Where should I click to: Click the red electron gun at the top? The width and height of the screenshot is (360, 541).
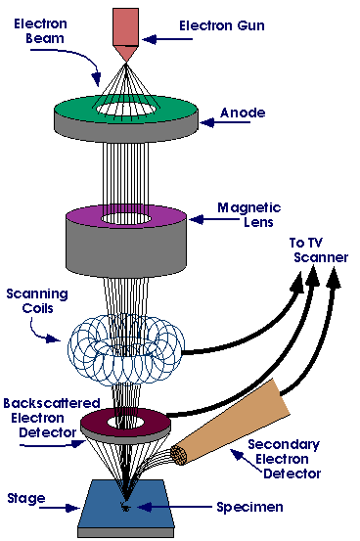125,29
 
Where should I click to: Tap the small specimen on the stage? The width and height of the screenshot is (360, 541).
125,507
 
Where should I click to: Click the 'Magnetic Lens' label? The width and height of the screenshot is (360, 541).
248,215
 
